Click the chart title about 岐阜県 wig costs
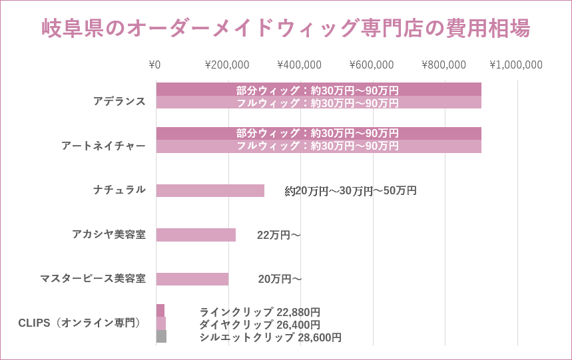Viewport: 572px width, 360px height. point(286,29)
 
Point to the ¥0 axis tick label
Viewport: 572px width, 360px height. point(154,65)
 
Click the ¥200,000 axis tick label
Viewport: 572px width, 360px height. point(227,65)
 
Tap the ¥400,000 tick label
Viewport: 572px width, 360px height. point(299,65)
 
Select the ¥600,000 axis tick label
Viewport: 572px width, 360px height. point(372,65)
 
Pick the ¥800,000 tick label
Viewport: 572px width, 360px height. point(444,65)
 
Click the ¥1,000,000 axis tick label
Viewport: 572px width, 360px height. point(516,65)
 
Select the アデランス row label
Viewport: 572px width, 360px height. point(119,101)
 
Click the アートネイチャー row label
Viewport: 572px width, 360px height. point(103,146)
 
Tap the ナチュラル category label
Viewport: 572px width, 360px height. point(119,190)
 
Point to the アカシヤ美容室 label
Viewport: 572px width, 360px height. point(109,234)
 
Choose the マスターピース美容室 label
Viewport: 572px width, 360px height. point(93,278)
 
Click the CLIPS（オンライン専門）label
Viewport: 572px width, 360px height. point(81,323)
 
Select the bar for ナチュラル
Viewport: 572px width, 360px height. point(210,190)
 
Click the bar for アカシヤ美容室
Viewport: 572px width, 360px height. point(196,235)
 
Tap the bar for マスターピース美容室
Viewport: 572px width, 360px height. point(192,279)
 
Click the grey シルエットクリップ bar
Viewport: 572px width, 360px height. point(161,337)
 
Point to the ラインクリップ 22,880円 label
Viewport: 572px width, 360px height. point(260,311)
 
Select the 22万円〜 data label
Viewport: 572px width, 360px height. point(279,235)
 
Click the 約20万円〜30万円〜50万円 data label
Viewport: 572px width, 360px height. point(350,191)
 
